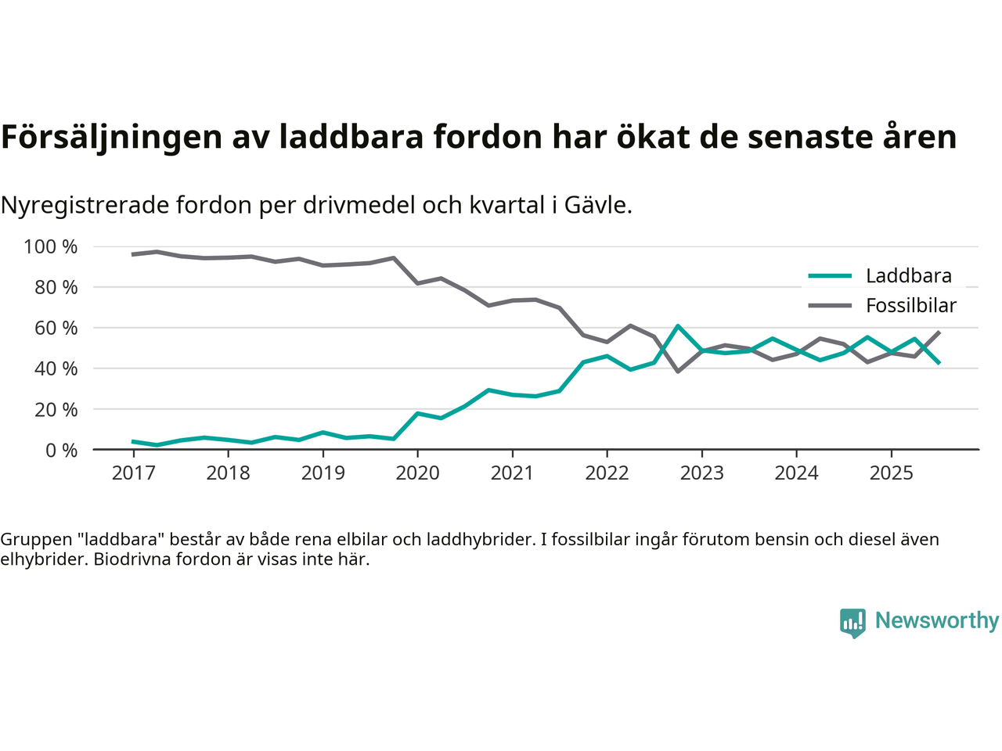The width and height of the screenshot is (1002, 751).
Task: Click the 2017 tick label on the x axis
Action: (x=133, y=473)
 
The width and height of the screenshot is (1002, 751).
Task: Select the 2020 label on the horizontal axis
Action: (x=417, y=473)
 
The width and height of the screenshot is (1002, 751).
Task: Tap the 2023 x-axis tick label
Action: (x=701, y=473)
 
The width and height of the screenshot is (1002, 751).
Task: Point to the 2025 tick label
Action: (x=891, y=473)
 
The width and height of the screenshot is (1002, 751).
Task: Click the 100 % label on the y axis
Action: (x=51, y=247)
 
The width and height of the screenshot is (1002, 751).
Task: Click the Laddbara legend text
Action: (x=908, y=276)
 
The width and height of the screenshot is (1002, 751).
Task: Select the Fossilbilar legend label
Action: (x=911, y=306)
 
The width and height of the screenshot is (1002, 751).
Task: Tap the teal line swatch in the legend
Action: (x=830, y=276)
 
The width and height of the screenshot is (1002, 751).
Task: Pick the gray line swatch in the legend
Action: (x=830, y=306)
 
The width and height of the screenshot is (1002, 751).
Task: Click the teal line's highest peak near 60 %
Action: (x=678, y=326)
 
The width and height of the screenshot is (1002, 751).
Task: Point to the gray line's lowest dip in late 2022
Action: (x=678, y=371)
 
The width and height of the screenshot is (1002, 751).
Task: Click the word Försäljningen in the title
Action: (x=111, y=137)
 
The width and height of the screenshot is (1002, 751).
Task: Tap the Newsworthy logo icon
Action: (x=852, y=623)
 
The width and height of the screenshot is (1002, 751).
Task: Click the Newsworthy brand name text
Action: (x=936, y=621)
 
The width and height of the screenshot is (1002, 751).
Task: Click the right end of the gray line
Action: (x=939, y=332)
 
